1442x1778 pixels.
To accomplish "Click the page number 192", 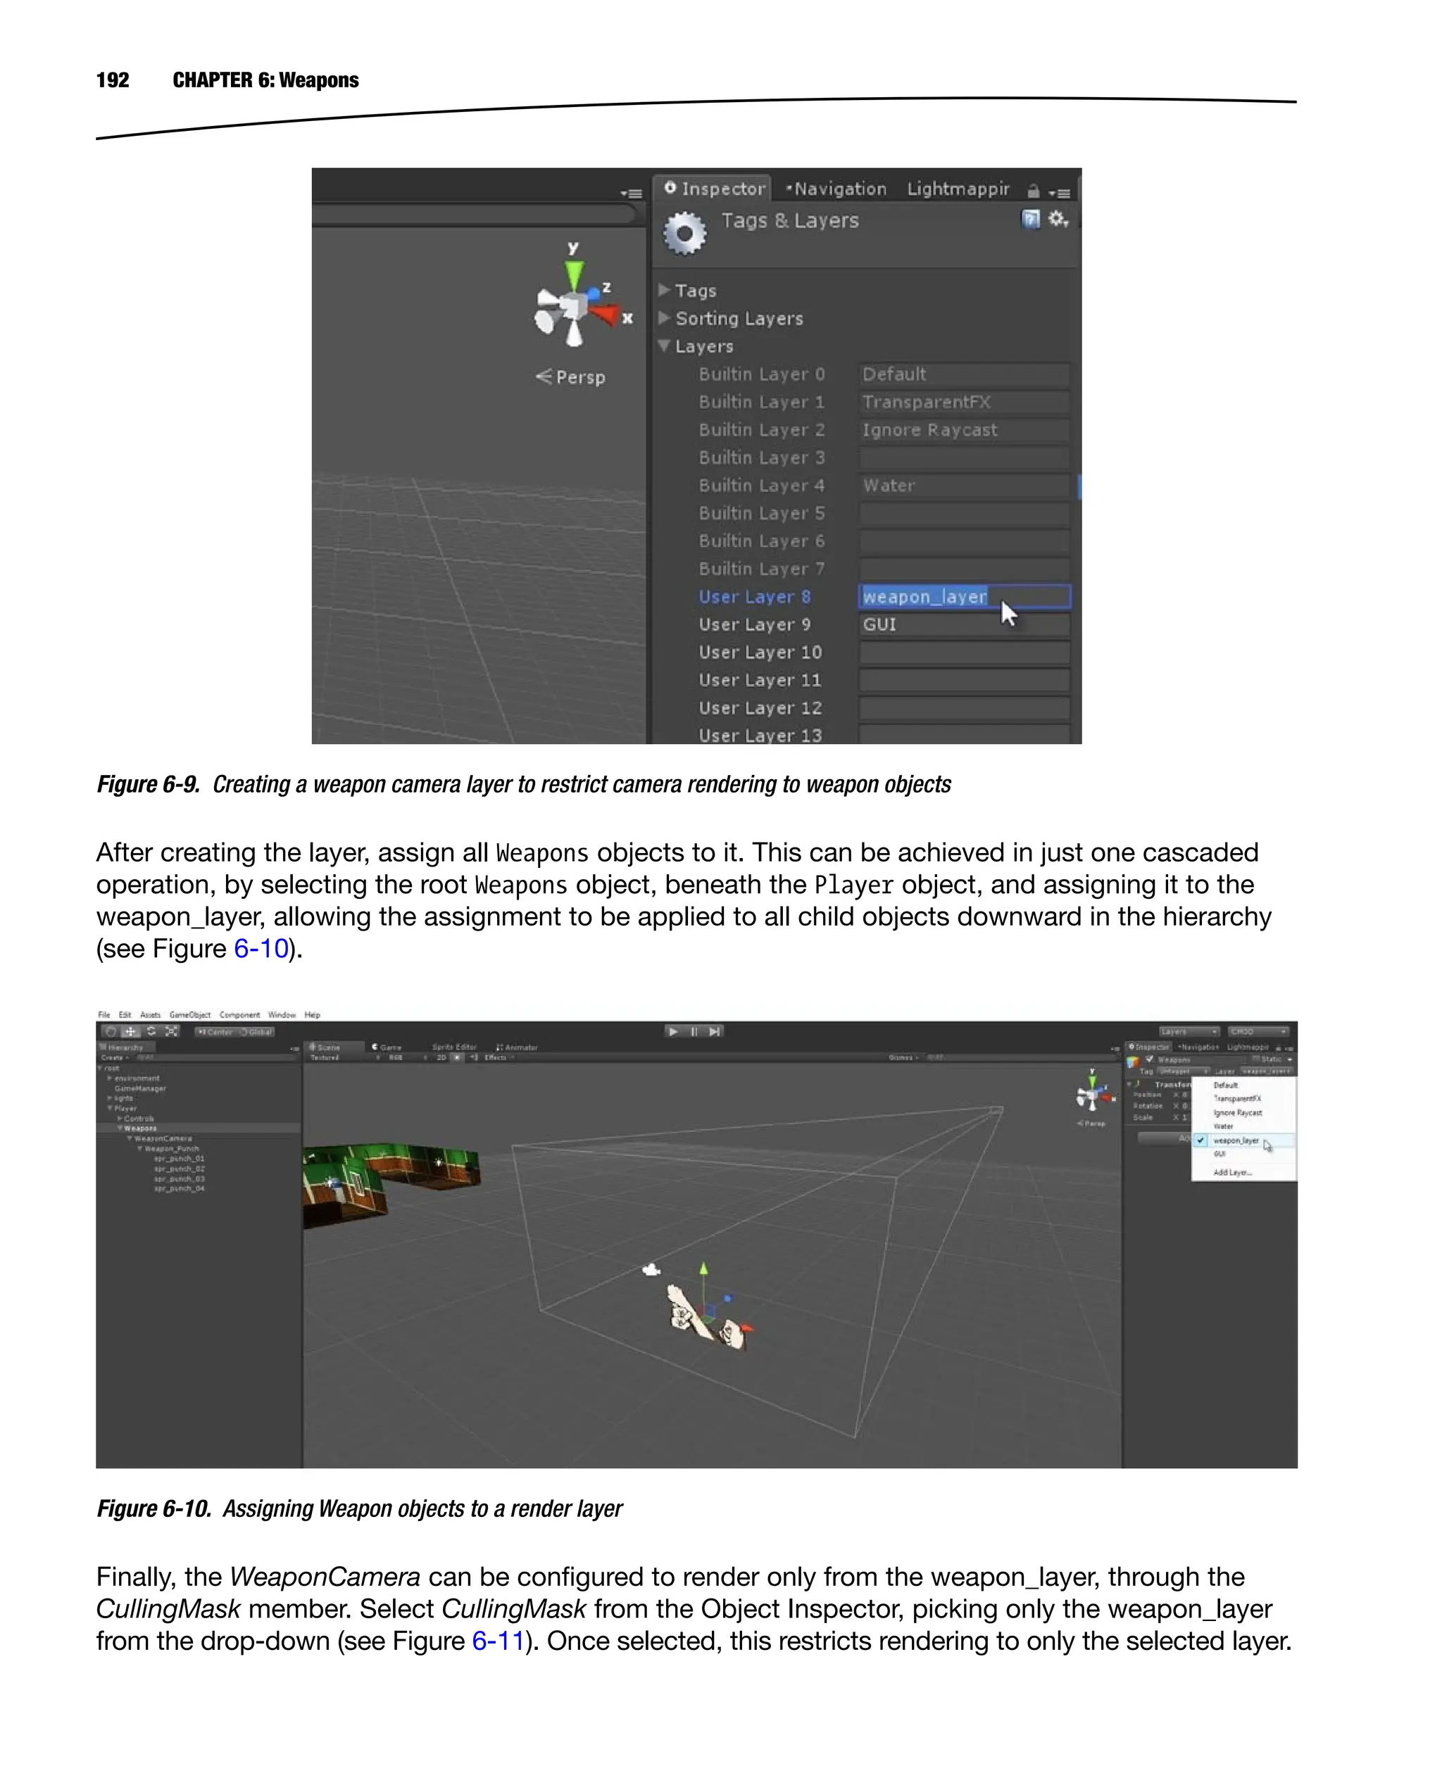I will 112,80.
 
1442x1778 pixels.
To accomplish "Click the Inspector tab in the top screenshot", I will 715,189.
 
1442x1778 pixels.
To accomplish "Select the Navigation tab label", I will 837,189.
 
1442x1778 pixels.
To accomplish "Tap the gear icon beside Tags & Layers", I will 684,234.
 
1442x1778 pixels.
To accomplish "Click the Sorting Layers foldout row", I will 738,318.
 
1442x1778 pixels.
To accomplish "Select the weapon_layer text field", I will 963,596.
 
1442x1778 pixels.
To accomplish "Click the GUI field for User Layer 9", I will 963,624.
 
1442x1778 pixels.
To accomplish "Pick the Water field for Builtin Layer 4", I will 963,485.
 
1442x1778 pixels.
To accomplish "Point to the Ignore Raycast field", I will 963,429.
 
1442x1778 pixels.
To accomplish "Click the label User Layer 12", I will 759,707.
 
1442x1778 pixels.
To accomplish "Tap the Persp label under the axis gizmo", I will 579,377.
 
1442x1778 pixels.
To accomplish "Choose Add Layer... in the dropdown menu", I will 1232,1173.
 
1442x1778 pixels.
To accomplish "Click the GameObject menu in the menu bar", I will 189,1015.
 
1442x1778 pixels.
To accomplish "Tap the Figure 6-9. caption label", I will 148,784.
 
